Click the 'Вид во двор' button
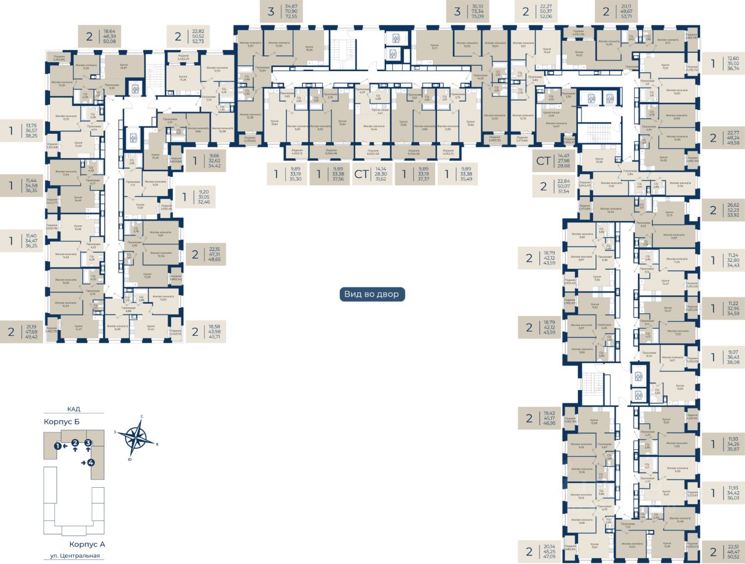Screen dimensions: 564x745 (372, 295)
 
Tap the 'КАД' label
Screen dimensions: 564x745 (73, 409)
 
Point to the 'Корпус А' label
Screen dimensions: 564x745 (87, 545)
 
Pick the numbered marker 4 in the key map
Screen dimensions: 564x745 (91, 463)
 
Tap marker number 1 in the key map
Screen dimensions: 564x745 (58, 446)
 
